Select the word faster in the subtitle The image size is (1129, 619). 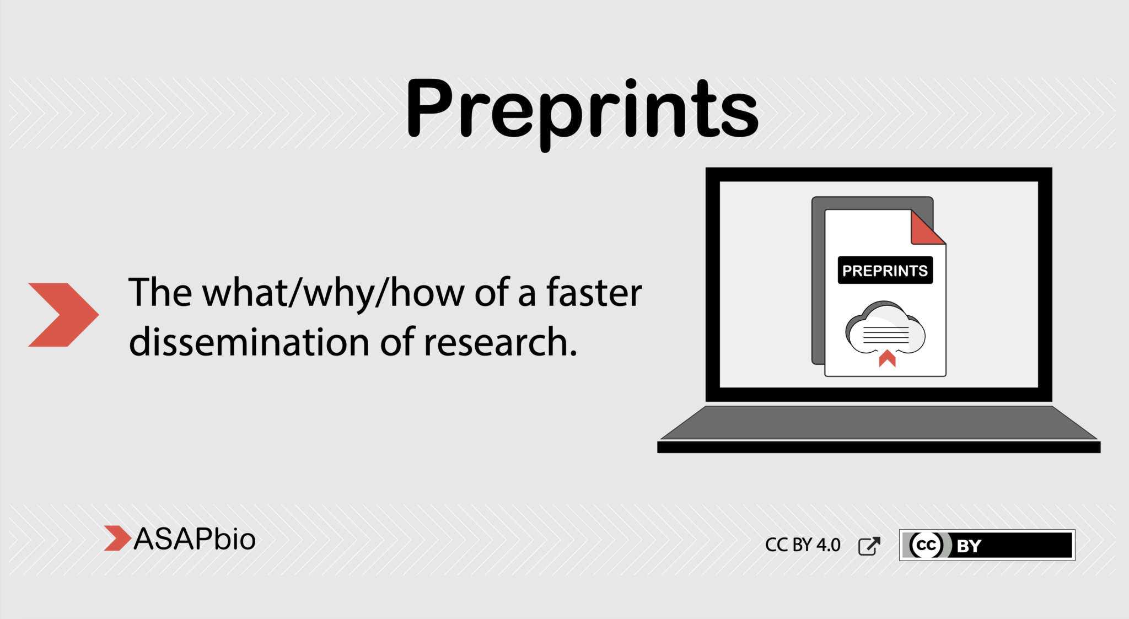click(x=594, y=293)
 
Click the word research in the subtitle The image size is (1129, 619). click(x=499, y=342)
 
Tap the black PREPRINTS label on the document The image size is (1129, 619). click(x=885, y=271)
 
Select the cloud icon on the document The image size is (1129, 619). click(x=885, y=327)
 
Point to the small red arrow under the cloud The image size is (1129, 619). click(x=887, y=358)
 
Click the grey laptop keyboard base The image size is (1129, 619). click(x=879, y=423)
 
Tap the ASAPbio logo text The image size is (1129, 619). click(x=195, y=539)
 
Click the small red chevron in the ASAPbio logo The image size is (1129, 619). click(x=116, y=539)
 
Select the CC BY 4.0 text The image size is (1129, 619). click(x=802, y=545)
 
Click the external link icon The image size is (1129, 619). click(x=869, y=546)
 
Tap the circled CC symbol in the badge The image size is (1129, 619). click(x=926, y=545)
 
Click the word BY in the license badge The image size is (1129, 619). click(x=969, y=546)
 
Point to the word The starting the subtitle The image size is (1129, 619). click(x=159, y=293)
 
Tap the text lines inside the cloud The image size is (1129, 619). click(x=885, y=335)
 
